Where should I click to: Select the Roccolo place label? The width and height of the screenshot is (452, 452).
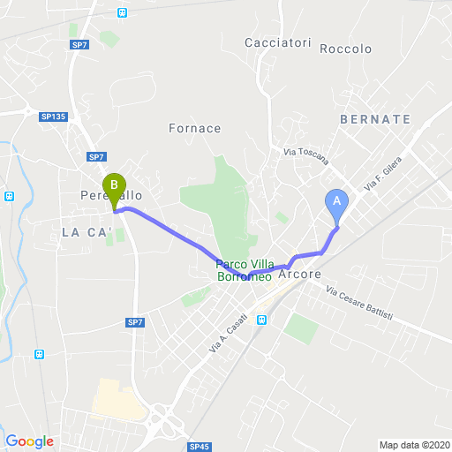click(x=346, y=49)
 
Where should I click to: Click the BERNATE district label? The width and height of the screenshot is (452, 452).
click(x=374, y=118)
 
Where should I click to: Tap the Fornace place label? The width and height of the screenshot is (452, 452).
click(x=194, y=128)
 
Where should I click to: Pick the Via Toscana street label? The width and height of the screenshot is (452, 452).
click(x=306, y=155)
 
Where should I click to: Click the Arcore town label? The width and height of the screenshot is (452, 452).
click(x=298, y=275)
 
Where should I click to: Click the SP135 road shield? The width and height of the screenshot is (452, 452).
click(x=53, y=116)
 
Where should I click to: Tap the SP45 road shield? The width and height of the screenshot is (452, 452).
click(x=200, y=447)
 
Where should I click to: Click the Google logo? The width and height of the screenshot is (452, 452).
click(x=29, y=441)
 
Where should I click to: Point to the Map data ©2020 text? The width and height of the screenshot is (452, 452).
click(x=414, y=445)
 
